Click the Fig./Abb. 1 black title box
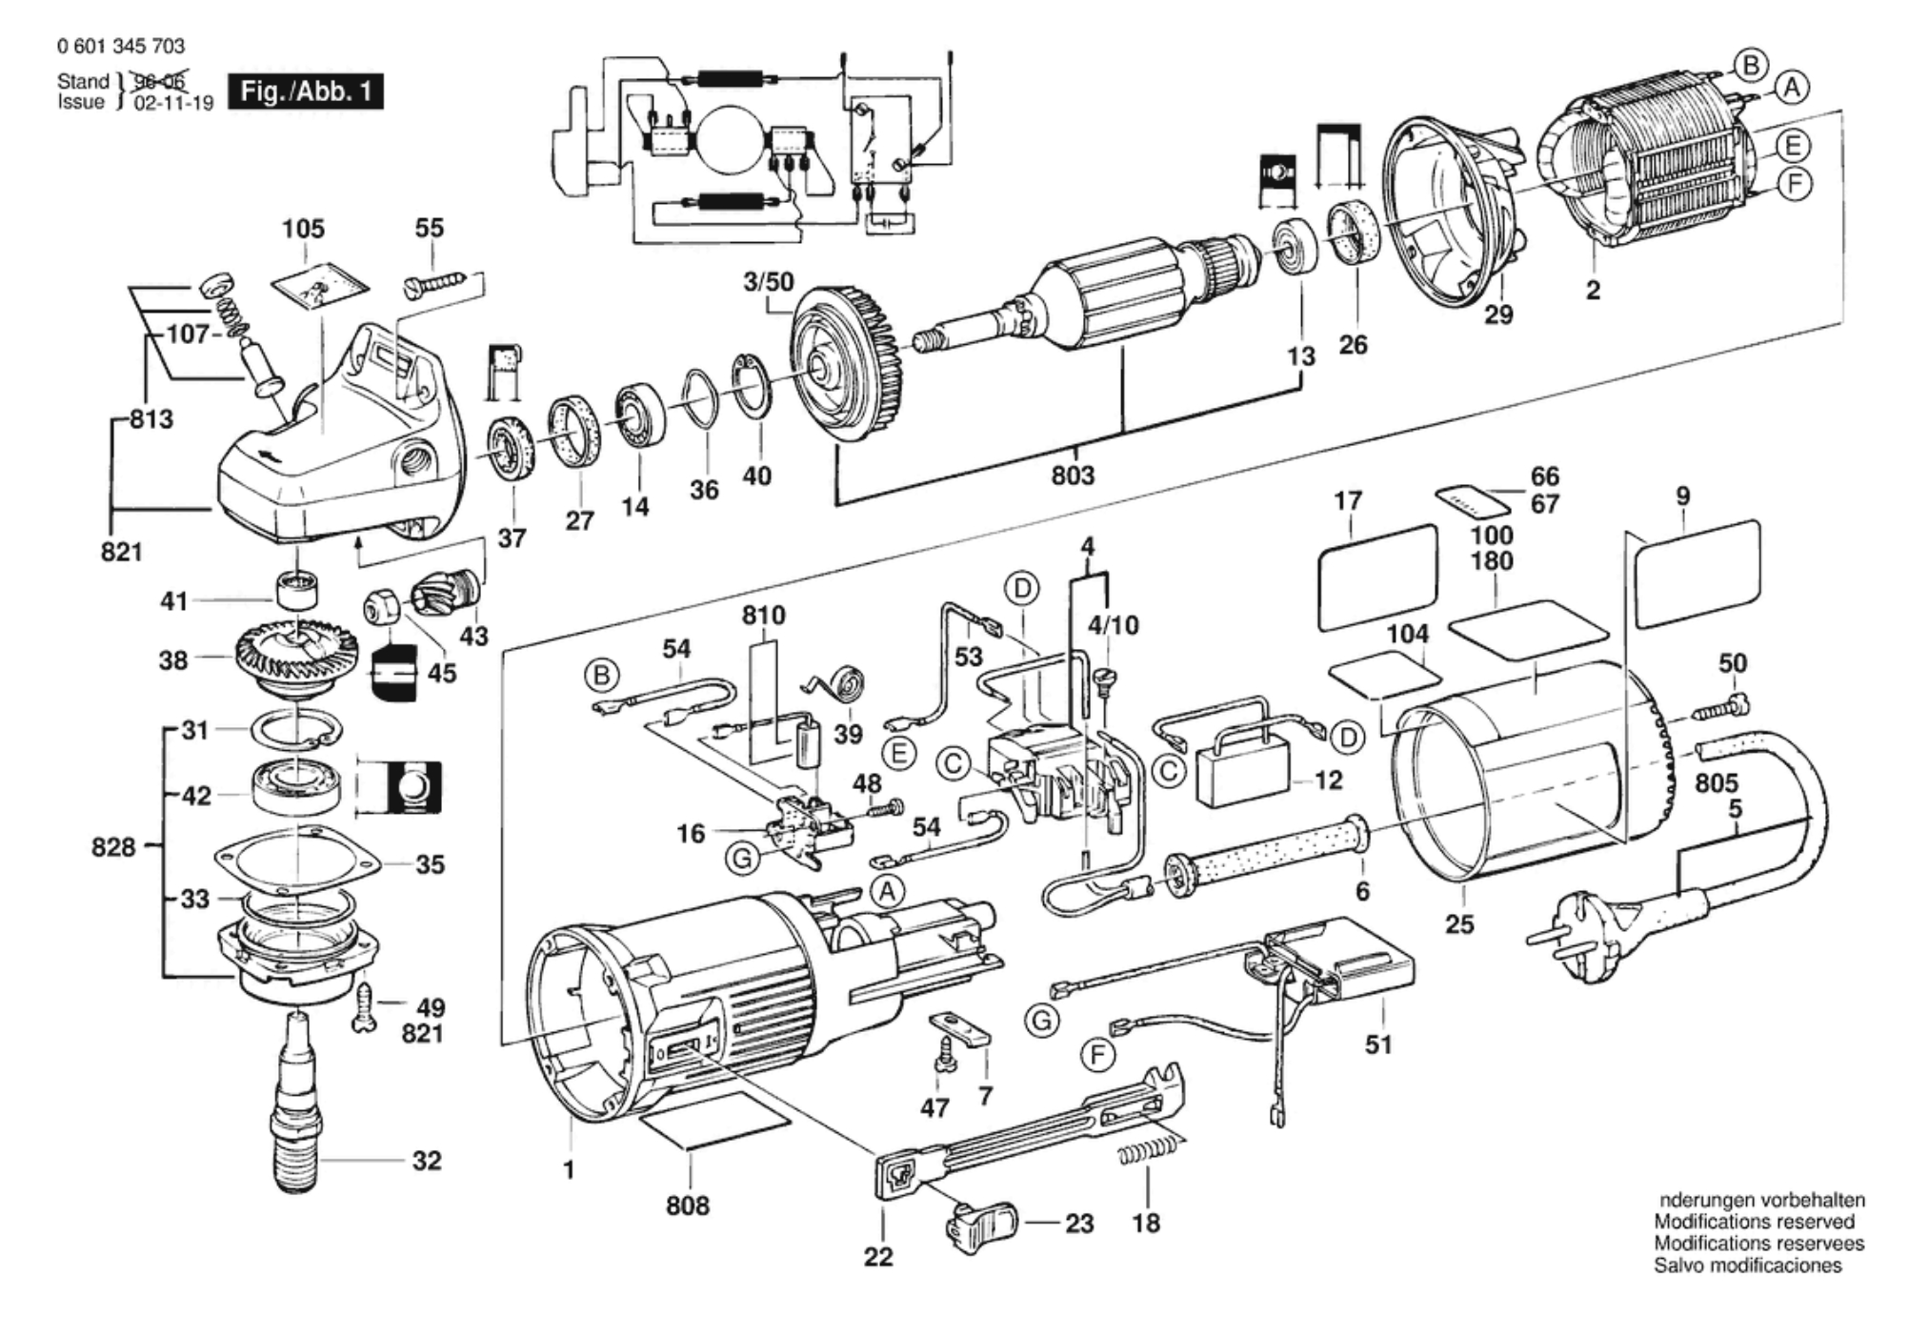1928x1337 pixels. (x=305, y=92)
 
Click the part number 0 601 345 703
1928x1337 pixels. (x=121, y=46)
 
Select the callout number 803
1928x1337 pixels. (x=1073, y=475)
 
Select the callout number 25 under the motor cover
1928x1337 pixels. (x=1459, y=923)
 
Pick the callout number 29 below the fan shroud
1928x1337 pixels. (x=1498, y=314)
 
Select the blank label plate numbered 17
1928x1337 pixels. (x=1378, y=577)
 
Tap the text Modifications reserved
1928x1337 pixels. (x=1754, y=1222)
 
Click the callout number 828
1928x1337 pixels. (x=113, y=846)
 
